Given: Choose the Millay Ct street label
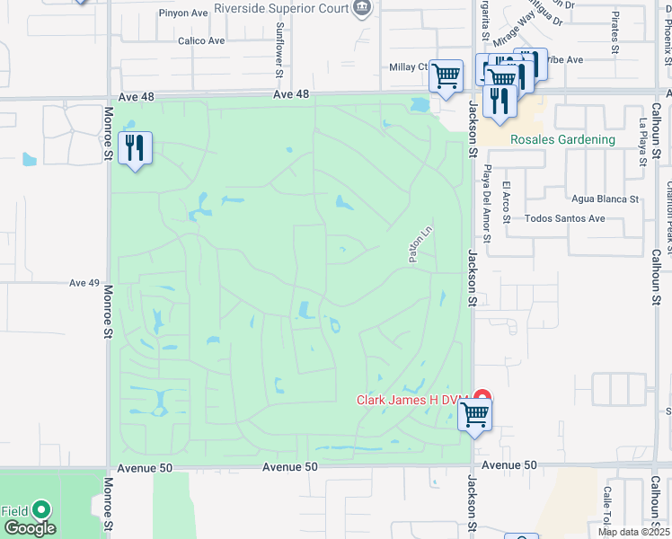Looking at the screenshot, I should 410,66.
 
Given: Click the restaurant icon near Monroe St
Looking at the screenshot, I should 135,148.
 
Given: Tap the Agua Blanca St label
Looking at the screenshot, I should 605,199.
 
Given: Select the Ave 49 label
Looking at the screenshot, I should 84,283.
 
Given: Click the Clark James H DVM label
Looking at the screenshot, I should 415,401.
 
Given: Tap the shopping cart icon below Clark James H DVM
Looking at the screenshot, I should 474,416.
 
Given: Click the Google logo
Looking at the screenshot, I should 29,528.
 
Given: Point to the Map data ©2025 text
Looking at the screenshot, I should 634,532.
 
